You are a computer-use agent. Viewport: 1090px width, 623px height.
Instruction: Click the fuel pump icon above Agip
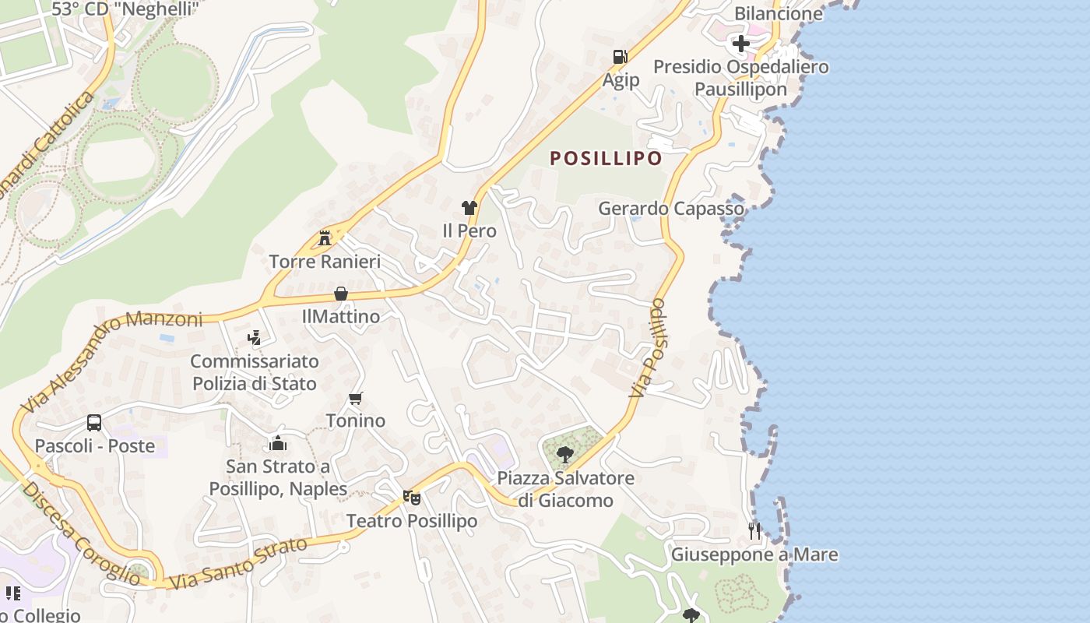coord(620,57)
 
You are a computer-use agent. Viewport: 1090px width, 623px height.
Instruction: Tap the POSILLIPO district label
coord(606,158)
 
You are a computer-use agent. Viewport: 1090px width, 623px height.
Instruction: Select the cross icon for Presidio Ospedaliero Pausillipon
coord(740,44)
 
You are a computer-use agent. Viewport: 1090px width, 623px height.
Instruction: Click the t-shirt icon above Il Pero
coord(469,207)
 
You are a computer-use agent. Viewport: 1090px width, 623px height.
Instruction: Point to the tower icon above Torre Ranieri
coord(325,238)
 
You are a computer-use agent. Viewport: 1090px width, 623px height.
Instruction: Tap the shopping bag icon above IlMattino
coord(341,294)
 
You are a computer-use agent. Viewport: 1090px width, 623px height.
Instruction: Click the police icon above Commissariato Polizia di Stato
coord(254,338)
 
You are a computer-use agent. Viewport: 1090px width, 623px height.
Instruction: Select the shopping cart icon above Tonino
coord(356,398)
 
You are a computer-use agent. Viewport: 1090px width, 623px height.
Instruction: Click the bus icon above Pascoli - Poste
coord(94,423)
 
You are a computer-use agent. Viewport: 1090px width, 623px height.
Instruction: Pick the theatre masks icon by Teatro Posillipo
coord(411,497)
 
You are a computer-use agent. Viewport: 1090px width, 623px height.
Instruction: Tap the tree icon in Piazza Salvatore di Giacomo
coord(565,454)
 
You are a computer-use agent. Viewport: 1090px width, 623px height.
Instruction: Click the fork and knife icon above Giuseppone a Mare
coord(754,531)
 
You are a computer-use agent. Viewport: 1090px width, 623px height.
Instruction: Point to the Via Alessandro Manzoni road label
coord(112,361)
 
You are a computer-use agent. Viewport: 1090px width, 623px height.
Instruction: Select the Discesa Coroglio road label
coord(81,534)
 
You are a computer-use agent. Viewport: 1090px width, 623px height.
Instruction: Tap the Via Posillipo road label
coord(649,348)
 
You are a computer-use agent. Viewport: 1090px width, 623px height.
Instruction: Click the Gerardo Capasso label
coord(670,209)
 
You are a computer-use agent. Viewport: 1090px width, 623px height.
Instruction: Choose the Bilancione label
coord(779,13)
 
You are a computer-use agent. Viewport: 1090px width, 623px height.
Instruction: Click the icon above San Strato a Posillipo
coord(278,444)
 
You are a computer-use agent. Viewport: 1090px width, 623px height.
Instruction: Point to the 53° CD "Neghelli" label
coord(125,9)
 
